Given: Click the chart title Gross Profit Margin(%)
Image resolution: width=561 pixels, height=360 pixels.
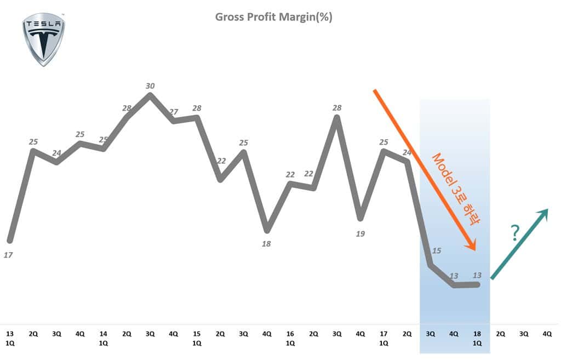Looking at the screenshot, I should pos(273,17).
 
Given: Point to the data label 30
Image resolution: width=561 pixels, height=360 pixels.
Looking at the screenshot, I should pos(150,85).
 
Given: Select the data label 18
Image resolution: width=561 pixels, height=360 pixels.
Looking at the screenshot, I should pos(266,244).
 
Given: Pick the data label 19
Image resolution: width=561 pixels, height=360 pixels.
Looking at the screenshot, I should pos(360,233).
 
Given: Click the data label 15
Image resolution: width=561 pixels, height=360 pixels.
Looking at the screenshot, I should pos(437,251).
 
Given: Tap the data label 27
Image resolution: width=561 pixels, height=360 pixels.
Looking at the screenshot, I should pos(174,112).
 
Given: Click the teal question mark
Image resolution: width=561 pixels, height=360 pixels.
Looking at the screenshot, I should pos(514,233).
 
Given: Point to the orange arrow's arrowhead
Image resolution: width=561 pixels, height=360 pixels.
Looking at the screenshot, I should pos(472,245).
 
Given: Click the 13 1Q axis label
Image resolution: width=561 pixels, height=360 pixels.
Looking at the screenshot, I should pos(10,338).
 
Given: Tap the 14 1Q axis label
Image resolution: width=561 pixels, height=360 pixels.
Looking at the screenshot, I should pos(103,338).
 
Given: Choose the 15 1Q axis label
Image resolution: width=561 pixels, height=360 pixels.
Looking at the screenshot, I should pos(197,338).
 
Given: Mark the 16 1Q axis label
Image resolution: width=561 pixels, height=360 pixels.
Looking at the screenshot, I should pos(290,338).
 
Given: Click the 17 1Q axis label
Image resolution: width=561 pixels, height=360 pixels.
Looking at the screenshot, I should pos(383,338).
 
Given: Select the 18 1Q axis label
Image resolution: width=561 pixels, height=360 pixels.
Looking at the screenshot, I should pos(477,338).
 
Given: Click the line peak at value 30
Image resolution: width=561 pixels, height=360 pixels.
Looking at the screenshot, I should pos(150,95).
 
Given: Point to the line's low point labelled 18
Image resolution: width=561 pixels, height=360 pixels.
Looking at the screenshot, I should pos(267,230).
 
